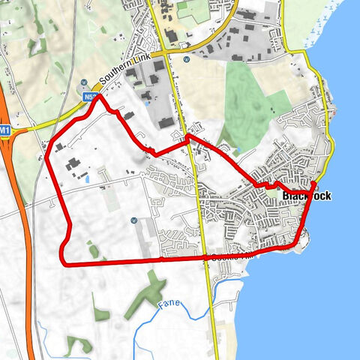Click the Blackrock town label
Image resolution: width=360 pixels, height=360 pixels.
(x=306, y=196)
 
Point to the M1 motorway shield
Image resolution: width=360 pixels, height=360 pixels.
(x=5, y=130)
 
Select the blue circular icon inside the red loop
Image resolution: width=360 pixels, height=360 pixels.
(x=133, y=220)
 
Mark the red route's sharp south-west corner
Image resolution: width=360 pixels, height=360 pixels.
(x=61, y=262)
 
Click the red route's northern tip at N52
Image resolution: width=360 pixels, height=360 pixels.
(x=95, y=95)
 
